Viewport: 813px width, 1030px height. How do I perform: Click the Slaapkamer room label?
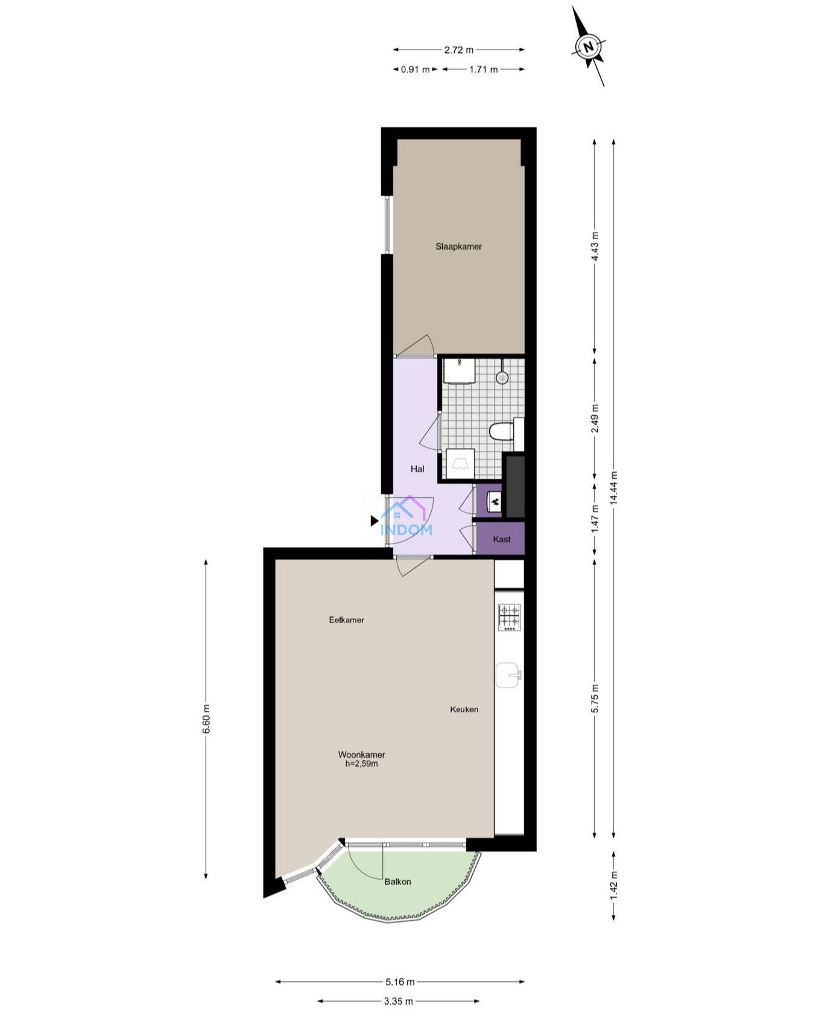(x=458, y=246)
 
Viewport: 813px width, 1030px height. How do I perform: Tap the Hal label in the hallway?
(x=417, y=469)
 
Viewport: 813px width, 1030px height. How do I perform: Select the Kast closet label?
(x=502, y=539)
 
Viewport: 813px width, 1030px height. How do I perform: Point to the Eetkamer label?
(x=347, y=619)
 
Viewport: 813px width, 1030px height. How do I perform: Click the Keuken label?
(x=464, y=709)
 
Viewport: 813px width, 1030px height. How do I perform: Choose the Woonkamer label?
(x=361, y=755)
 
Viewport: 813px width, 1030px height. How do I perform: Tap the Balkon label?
(x=397, y=881)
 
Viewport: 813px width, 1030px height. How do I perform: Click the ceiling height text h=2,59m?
(x=361, y=764)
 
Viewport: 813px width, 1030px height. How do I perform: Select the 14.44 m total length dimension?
(x=613, y=487)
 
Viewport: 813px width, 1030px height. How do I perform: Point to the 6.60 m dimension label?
(x=206, y=719)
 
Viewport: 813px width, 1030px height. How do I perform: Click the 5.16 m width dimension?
(x=400, y=982)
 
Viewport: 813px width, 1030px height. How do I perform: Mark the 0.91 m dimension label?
(x=416, y=69)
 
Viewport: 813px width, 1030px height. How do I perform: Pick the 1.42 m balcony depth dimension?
(x=614, y=885)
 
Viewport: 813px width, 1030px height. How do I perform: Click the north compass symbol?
(x=589, y=46)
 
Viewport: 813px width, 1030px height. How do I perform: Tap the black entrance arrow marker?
(x=375, y=520)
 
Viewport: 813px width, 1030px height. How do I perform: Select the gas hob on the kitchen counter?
(x=509, y=618)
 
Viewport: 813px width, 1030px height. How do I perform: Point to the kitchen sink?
(x=508, y=675)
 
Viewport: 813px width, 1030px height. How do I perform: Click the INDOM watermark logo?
(x=406, y=517)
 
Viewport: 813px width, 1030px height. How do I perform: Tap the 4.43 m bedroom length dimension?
(x=595, y=246)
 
